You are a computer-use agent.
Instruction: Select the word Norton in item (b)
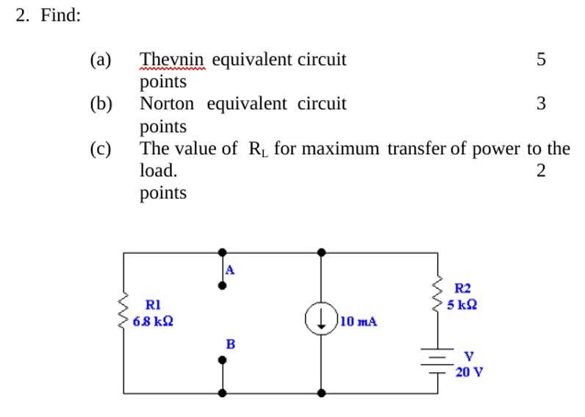pos(170,104)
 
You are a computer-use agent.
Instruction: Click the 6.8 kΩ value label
pos(154,321)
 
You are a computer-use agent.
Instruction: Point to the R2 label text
pos(463,289)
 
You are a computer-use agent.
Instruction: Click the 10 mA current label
pos(359,321)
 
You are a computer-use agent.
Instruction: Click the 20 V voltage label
pos(468,371)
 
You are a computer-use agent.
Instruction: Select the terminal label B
pos(230,343)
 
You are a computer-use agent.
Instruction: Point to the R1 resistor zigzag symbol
pos(123,310)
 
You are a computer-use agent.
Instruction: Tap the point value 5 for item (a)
pos(541,60)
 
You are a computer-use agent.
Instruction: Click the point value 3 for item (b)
pos(541,104)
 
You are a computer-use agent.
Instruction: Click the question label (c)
pos(100,149)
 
